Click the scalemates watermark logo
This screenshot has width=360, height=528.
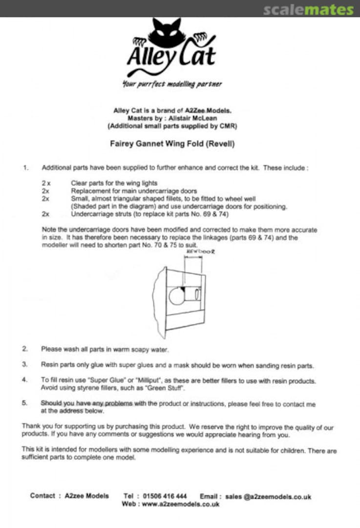[x=308, y=10]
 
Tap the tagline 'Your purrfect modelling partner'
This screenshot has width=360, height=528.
[x=172, y=84]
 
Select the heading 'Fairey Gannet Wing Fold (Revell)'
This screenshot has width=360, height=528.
[x=172, y=145]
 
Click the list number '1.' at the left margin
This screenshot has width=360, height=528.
[x=25, y=168]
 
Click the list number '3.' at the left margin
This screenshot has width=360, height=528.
[x=24, y=365]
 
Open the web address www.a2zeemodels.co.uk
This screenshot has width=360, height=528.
[x=180, y=504]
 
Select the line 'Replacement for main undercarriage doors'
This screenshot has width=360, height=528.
[x=134, y=191]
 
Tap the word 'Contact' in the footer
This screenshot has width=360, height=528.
[x=42, y=496]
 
